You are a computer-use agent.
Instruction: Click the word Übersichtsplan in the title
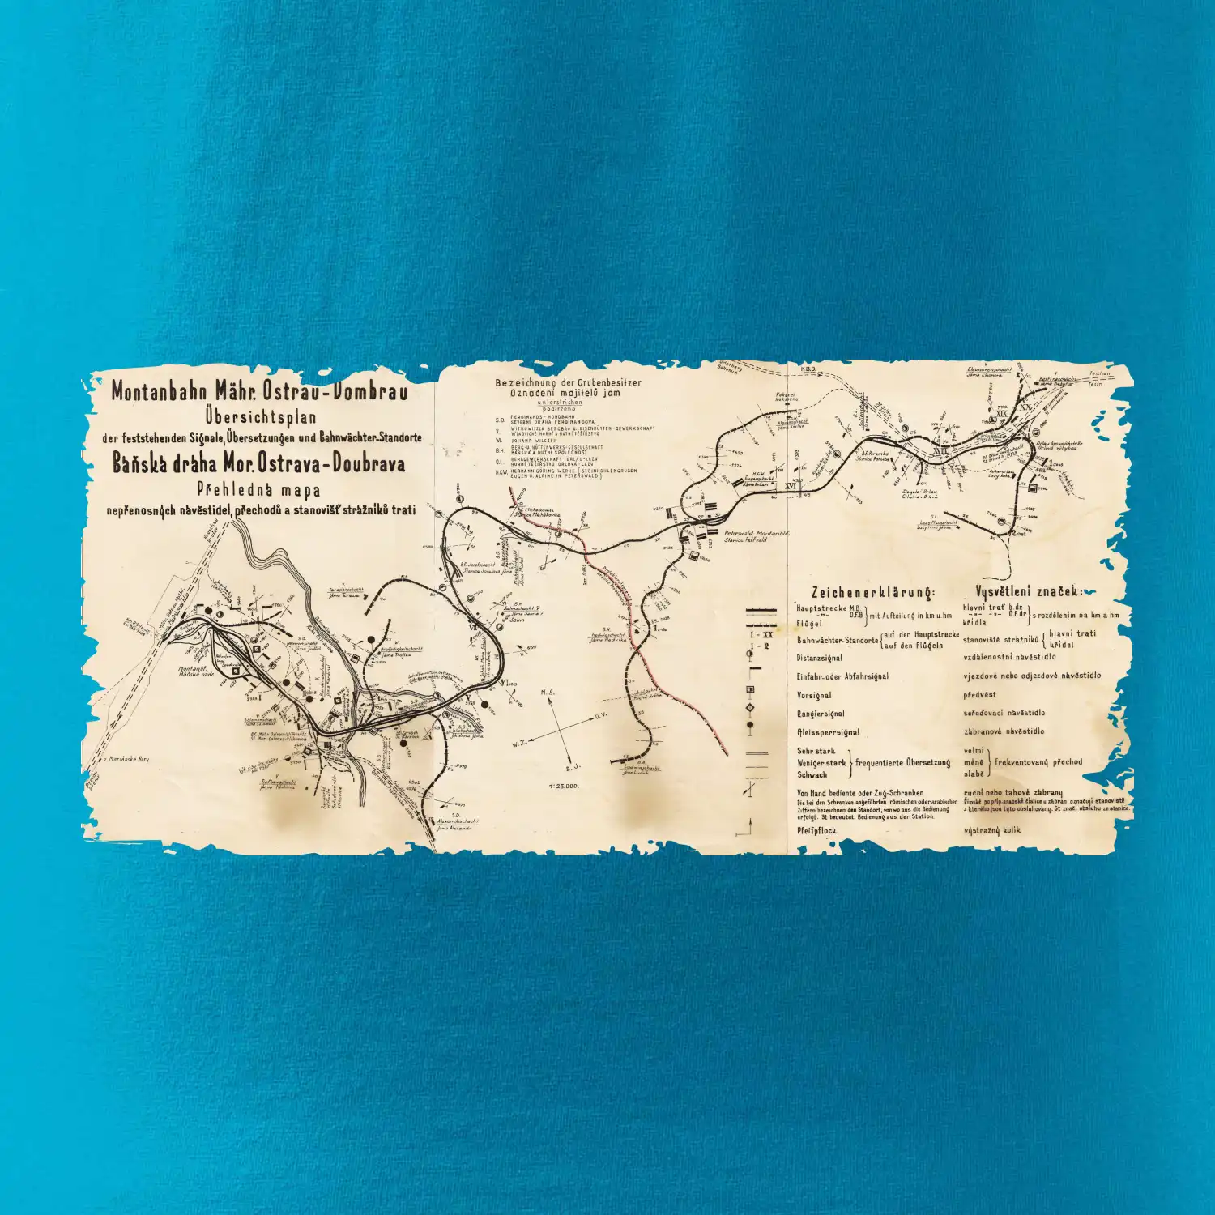pos(260,418)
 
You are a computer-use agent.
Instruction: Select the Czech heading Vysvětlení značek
pos(1028,592)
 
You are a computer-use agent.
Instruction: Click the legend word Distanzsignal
pos(819,659)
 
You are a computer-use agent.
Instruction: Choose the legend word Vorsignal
pos(813,695)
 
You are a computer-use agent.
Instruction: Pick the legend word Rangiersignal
pos(821,714)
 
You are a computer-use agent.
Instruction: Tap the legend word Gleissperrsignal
pos(828,732)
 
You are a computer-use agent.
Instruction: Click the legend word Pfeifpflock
pos(816,830)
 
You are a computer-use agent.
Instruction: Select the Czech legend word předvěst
pos(979,694)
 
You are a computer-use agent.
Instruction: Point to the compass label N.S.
pos(548,693)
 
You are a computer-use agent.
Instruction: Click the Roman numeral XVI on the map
pos(791,486)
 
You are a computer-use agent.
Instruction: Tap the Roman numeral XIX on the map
pos(1002,413)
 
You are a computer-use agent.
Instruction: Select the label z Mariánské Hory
pos(126,759)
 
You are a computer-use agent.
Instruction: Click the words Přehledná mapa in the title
pos(258,489)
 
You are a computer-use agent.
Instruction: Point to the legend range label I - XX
pos(761,635)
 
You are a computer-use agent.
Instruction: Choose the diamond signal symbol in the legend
pos(750,708)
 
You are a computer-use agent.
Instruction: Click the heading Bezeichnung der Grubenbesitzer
pos(568,382)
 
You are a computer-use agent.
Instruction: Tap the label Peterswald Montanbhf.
pos(757,533)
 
